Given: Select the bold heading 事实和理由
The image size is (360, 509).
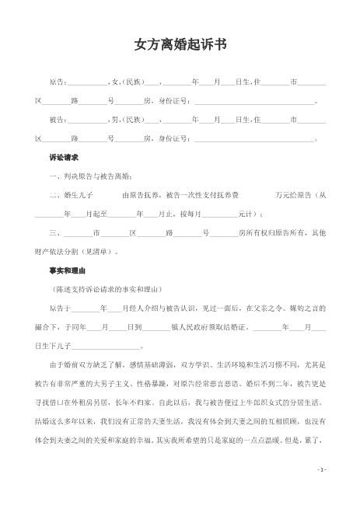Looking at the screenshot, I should [x=65, y=270].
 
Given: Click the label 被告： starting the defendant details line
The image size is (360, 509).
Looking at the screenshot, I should [x=58, y=120].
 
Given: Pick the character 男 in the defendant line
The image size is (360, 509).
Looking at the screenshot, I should [x=114, y=120].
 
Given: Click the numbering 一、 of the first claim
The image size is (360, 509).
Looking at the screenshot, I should [x=54, y=176].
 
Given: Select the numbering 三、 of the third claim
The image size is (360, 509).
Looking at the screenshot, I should [x=54, y=232].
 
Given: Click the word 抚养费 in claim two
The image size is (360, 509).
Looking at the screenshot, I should [x=226, y=195].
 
